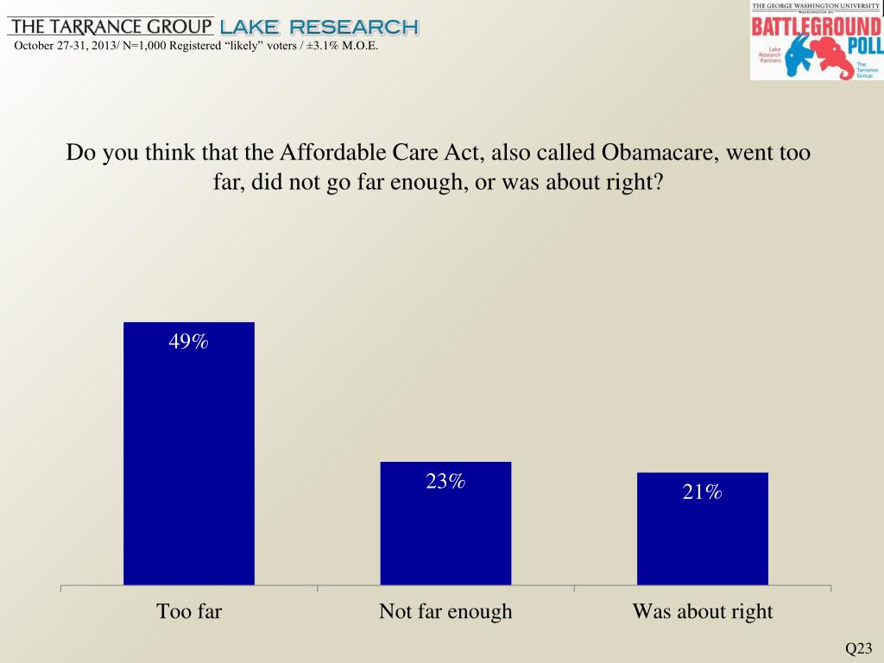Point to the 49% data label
(188, 342)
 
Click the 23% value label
(445, 482)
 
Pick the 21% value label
(702, 492)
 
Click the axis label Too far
(189, 612)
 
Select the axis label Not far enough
(445, 612)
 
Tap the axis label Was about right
(703, 612)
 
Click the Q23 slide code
(859, 648)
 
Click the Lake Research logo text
(319, 27)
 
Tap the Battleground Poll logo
(815, 41)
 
